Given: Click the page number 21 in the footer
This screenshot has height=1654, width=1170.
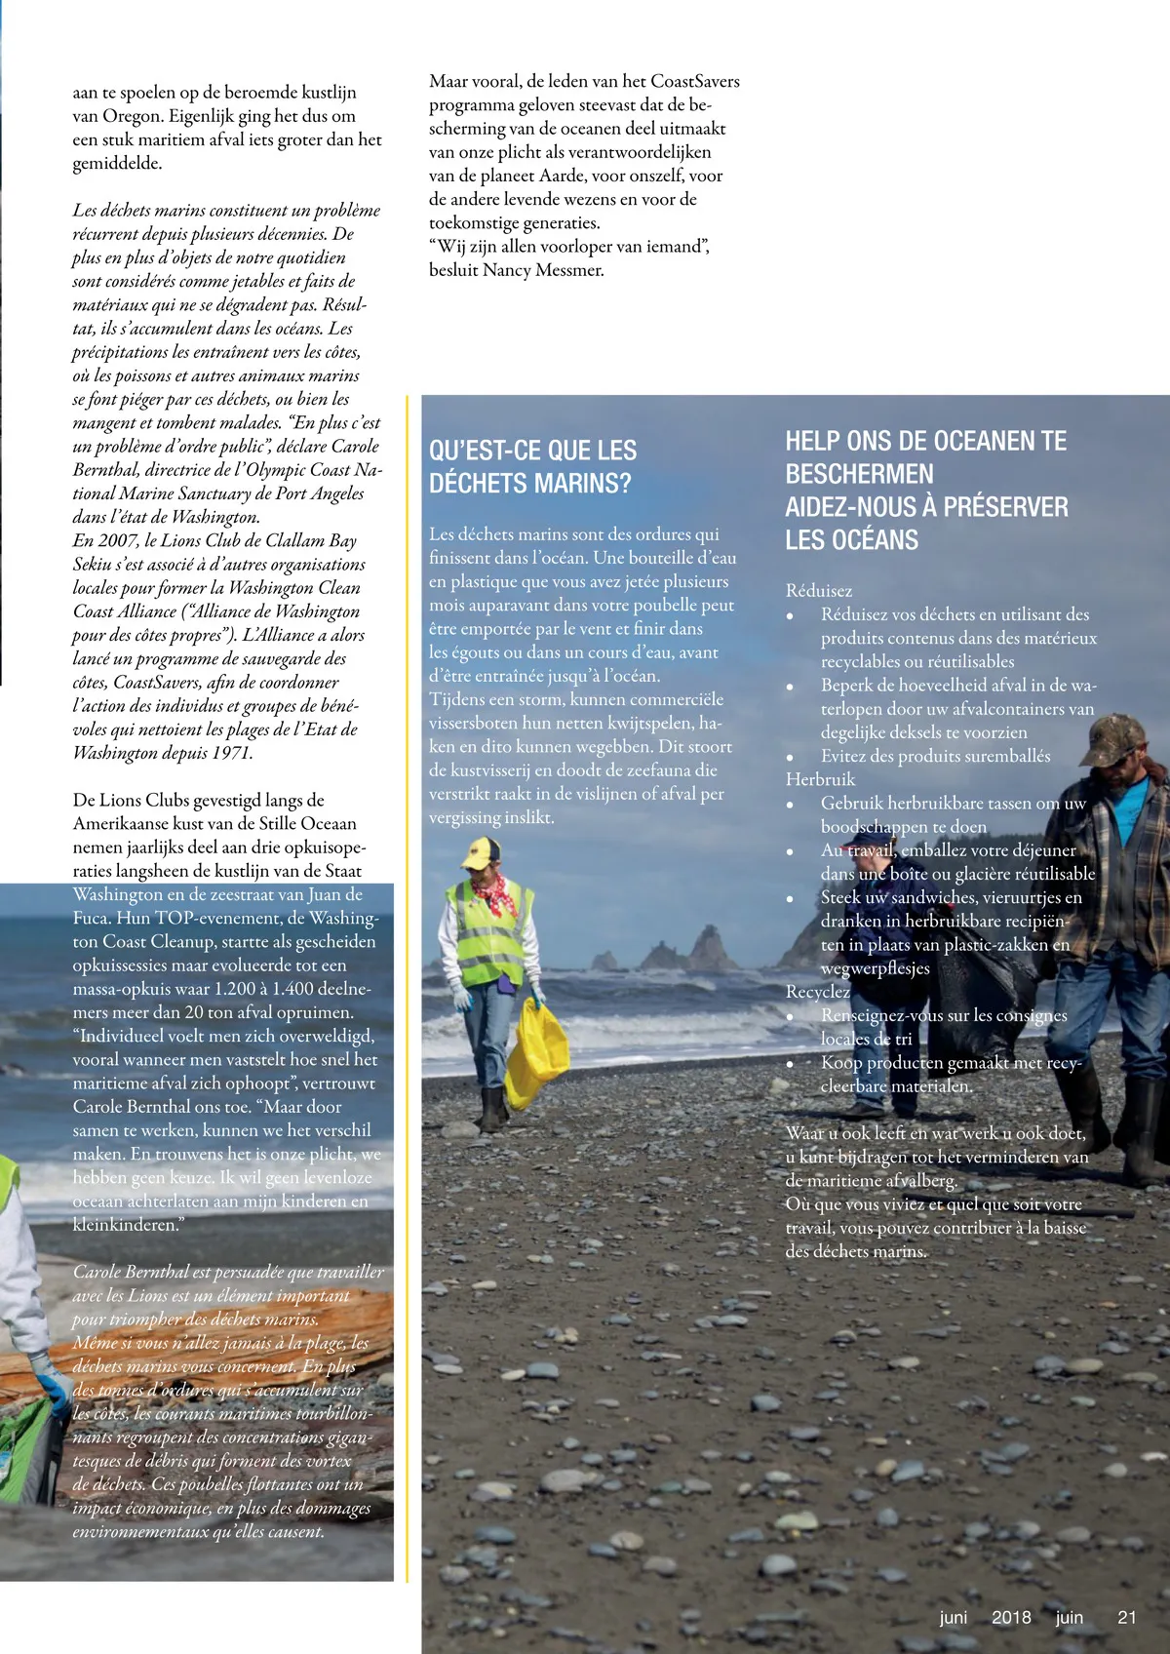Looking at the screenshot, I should tap(1126, 1617).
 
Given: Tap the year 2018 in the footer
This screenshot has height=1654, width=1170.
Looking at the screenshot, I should tap(1011, 1617).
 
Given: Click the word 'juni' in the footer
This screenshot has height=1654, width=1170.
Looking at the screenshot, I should tap(953, 1617).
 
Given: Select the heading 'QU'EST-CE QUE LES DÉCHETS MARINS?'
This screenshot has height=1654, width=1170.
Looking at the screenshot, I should tap(532, 466).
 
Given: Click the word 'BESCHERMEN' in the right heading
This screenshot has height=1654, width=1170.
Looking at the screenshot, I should tap(859, 474).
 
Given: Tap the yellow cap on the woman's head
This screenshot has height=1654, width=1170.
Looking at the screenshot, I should tap(482, 854).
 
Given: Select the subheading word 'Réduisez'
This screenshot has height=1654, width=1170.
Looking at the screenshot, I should tap(819, 591).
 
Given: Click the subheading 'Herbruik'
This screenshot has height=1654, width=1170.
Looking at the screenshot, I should tap(820, 779).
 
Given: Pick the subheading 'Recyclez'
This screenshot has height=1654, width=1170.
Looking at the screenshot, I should tap(818, 992).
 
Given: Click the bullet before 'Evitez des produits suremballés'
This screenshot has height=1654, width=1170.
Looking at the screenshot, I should tap(791, 758).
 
